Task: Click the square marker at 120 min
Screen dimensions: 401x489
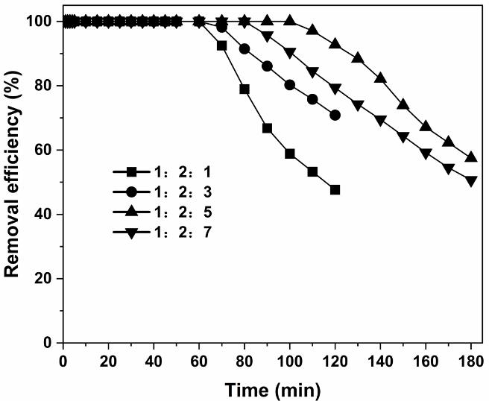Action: (x=335, y=189)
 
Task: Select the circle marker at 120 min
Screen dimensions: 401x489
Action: (x=335, y=115)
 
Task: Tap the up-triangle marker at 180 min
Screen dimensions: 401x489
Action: (x=471, y=157)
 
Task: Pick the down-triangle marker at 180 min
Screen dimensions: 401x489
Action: (x=471, y=180)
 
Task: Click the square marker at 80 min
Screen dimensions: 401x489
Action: (x=244, y=89)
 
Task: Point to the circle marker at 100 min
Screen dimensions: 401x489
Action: (x=289, y=84)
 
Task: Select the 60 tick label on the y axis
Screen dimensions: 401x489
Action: (x=47, y=150)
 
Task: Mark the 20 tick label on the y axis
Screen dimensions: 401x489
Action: (x=47, y=279)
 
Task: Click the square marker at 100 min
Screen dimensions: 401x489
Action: (x=289, y=154)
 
